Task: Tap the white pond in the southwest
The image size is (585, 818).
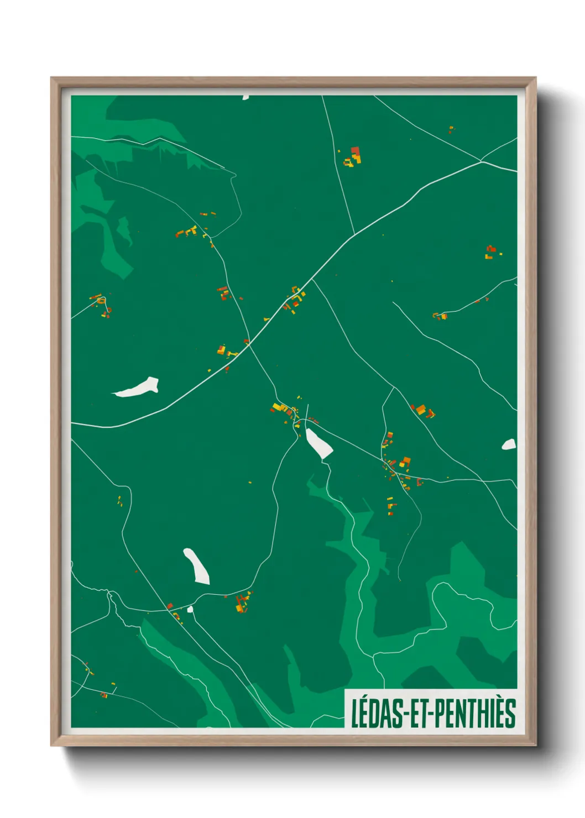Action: tap(197, 566)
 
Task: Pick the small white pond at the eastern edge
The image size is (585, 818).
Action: tap(509, 444)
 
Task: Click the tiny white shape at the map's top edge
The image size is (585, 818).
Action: tap(246, 97)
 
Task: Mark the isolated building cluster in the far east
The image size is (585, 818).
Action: tap(491, 252)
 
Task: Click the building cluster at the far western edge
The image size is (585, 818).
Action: tap(102, 305)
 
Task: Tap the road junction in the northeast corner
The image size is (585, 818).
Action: tap(482, 161)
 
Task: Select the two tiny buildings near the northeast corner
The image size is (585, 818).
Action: tap(451, 130)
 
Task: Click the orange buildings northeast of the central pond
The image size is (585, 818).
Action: tap(423, 411)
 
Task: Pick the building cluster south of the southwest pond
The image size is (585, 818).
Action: tap(242, 602)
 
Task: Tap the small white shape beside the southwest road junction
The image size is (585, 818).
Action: tap(190, 609)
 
